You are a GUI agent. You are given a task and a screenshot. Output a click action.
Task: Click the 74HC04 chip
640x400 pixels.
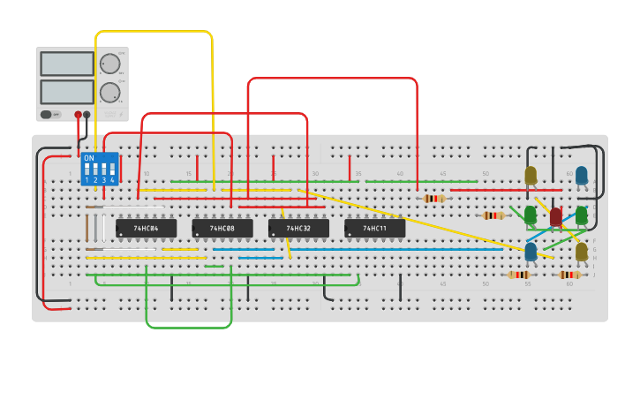pyautogui.click(x=147, y=229)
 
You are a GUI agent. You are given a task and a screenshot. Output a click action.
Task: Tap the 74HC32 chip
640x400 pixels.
pyautogui.click(x=298, y=229)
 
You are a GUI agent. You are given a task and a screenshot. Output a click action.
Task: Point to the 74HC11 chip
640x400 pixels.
pyautogui.click(x=375, y=229)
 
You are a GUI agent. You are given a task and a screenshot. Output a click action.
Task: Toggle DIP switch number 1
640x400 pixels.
pyautogui.click(x=87, y=170)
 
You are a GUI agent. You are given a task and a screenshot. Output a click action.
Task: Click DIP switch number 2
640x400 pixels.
pyautogui.click(x=95, y=170)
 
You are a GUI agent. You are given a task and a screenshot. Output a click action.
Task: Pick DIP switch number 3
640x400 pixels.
pyautogui.click(x=103, y=170)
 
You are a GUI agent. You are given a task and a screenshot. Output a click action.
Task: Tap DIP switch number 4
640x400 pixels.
pyautogui.click(x=111, y=170)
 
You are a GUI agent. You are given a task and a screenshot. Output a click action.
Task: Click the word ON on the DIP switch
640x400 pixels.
pyautogui.click(x=88, y=158)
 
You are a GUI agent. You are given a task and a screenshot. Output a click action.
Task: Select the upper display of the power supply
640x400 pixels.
pyautogui.click(x=67, y=64)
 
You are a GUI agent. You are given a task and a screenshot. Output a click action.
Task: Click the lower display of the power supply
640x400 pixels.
pyautogui.click(x=67, y=92)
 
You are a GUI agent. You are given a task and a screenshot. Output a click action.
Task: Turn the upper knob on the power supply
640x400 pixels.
pyautogui.click(x=109, y=64)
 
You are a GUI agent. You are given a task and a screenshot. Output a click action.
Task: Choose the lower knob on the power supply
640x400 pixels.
pyautogui.click(x=109, y=92)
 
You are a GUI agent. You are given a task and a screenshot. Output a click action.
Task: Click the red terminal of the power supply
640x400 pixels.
pyautogui.click(x=78, y=115)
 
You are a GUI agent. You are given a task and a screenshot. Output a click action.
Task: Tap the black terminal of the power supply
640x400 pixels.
pyautogui.click(x=87, y=115)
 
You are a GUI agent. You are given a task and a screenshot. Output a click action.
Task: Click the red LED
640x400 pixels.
pyautogui.click(x=555, y=215)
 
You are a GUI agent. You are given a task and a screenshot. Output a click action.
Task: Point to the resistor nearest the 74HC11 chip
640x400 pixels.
pyautogui.click(x=433, y=199)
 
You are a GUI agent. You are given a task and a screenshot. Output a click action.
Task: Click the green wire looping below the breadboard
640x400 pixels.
pyautogui.click(x=188, y=327)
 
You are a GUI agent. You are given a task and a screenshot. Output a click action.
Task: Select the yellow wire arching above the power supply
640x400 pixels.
pyautogui.click(x=154, y=32)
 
